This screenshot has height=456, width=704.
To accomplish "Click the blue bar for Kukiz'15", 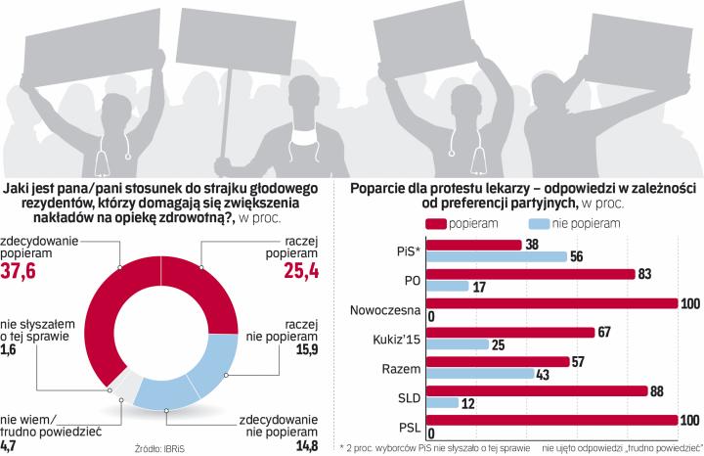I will click(459, 344).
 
